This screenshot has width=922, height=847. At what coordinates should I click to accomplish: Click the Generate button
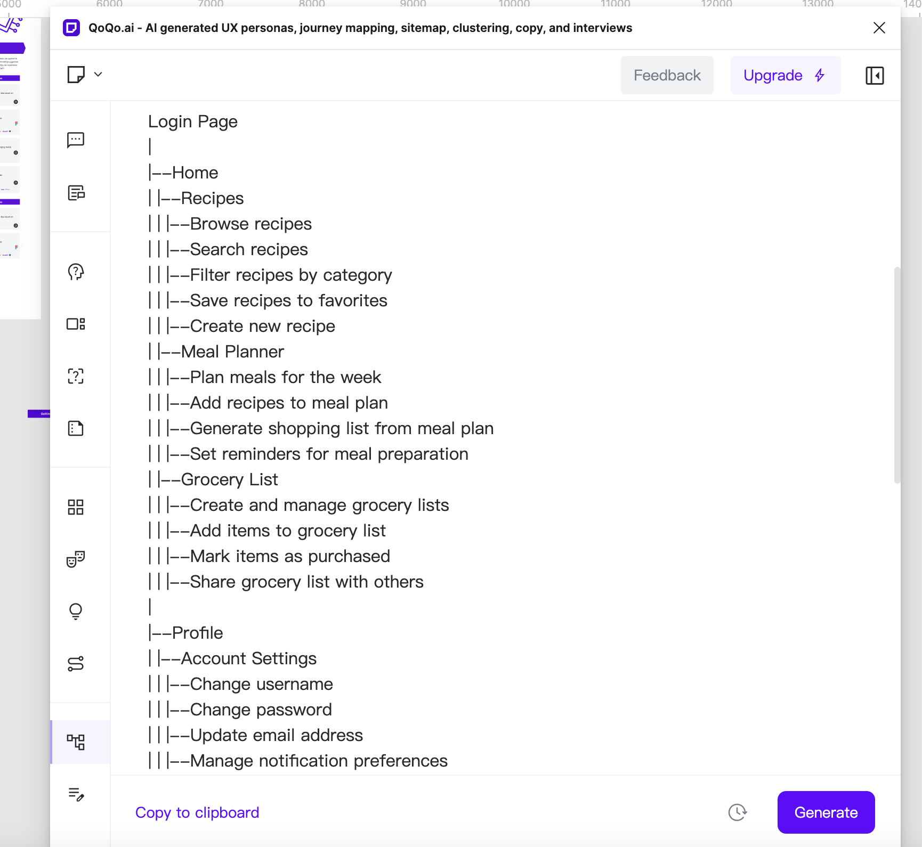tap(826, 812)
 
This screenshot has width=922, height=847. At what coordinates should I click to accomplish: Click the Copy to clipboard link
tap(197, 812)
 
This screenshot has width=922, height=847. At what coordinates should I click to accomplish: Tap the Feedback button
tap(667, 76)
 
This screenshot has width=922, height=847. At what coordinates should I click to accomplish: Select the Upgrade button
tap(785, 76)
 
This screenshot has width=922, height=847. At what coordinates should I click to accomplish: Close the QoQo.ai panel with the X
tap(879, 28)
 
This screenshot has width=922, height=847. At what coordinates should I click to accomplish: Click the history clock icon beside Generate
tap(738, 812)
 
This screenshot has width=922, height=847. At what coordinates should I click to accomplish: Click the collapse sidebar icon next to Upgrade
tap(875, 76)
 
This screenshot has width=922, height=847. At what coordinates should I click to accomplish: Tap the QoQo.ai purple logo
tap(71, 28)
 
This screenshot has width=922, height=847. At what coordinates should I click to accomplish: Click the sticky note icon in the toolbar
tap(76, 75)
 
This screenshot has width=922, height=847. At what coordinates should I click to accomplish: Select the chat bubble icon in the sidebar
tap(76, 140)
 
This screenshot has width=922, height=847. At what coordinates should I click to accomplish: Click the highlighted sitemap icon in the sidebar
tap(76, 742)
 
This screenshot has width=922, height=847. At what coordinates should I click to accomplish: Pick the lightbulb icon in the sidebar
tap(76, 611)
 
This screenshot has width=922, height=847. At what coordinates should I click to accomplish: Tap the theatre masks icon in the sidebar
tap(76, 559)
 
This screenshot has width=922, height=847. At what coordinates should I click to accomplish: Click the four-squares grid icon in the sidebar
tap(76, 507)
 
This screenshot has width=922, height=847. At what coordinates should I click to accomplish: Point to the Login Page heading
tap(193, 121)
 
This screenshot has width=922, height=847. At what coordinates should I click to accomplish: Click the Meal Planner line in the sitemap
tap(232, 352)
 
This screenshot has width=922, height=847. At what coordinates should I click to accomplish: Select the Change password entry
tap(261, 710)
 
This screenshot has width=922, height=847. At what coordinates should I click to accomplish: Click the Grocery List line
tap(229, 479)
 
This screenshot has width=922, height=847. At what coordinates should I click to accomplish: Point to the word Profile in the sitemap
tap(198, 633)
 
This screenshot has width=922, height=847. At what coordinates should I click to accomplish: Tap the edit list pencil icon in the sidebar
tap(76, 794)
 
